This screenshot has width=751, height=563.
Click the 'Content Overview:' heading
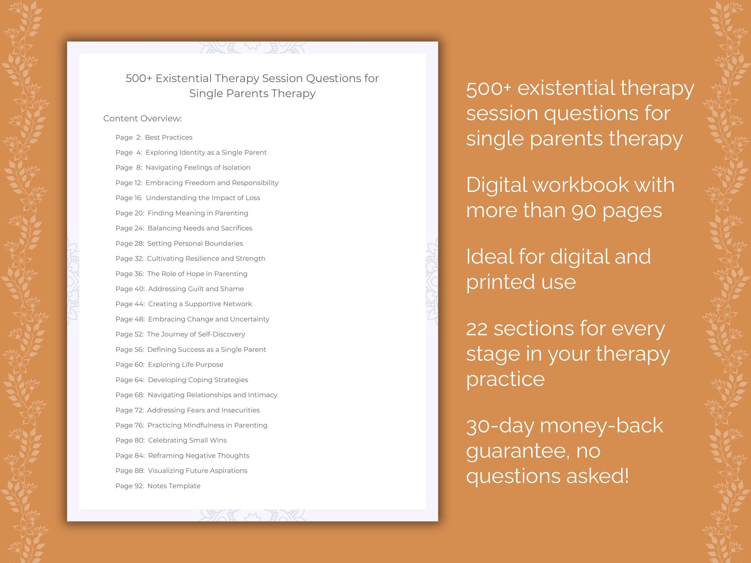point(142,118)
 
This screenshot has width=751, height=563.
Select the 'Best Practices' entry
point(168,137)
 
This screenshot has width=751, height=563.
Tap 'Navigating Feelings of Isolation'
point(198,167)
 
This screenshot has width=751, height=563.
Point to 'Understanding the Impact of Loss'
point(203,198)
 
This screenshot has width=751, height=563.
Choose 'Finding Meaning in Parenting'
point(198,213)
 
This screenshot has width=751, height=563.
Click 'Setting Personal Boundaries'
point(195,243)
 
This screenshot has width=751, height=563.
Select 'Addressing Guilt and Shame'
point(196,289)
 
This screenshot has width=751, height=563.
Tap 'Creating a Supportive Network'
point(200,304)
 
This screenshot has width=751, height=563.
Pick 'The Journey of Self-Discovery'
point(196,334)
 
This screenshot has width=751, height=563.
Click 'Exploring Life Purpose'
point(185,364)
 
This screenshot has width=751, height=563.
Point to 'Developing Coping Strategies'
point(198,380)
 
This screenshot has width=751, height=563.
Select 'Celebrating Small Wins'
point(187,440)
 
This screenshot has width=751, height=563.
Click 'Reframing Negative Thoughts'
point(198,455)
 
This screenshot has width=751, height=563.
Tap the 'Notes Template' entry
point(174,486)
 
